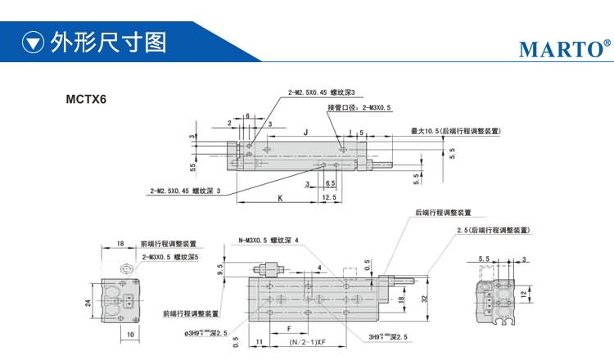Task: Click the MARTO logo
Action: coord(564,49)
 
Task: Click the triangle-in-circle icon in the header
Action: coord(32,42)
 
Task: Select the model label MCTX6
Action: coord(87,101)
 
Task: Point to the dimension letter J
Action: coord(305,132)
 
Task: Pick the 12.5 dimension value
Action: coord(329,198)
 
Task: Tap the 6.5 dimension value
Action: coord(330,184)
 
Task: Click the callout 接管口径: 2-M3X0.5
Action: coord(359,107)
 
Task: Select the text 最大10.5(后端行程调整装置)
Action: coord(456,131)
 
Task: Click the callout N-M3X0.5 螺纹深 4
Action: coord(269,241)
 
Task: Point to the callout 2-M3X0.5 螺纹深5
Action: coord(170,257)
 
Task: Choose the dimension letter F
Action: coord(289,329)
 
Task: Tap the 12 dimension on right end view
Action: coord(523,292)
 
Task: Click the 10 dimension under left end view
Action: coord(130,335)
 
